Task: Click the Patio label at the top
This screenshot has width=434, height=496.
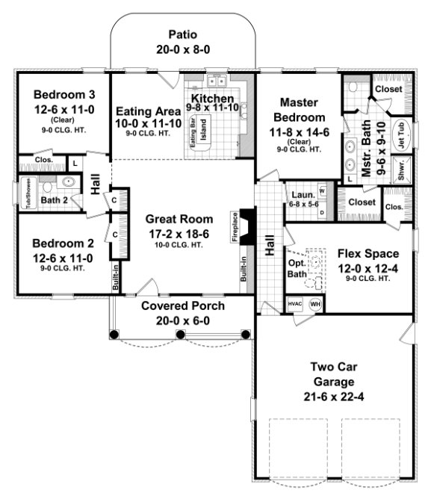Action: coord(182,34)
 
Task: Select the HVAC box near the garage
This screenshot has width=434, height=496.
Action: coord(294,304)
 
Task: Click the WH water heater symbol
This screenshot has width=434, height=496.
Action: coord(314,304)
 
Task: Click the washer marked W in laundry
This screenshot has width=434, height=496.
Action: coord(322,190)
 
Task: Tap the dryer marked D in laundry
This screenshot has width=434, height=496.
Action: coord(322,211)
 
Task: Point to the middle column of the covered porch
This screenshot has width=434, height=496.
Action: coord(181,334)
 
